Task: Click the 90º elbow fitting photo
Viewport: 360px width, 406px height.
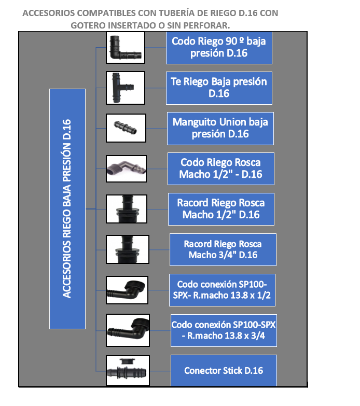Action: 126,47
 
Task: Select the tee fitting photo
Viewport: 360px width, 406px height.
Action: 126,88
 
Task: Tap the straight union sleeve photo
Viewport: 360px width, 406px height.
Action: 126,128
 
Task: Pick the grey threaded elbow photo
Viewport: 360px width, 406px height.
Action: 126,169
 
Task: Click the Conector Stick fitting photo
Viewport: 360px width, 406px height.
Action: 128,371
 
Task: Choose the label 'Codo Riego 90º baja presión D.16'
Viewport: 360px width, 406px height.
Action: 219,48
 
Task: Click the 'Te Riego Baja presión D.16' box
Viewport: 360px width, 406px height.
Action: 219,88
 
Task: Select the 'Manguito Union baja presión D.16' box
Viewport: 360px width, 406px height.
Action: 220,129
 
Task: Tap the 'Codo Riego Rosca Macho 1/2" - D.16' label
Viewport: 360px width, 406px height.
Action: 221,169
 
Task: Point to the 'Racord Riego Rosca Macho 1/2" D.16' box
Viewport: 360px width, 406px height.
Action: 221,209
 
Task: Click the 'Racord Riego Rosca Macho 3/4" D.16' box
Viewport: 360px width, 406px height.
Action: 223,249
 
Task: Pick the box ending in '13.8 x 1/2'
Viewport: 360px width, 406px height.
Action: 222,290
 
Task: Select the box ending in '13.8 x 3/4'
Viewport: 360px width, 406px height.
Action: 224,330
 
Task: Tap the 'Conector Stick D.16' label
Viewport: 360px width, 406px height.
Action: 224,371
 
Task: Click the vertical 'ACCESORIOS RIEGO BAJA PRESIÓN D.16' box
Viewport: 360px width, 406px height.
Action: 67,209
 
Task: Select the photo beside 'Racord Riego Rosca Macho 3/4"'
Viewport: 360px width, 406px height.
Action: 128,249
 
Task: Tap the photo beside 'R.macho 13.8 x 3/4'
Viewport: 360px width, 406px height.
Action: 128,330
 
